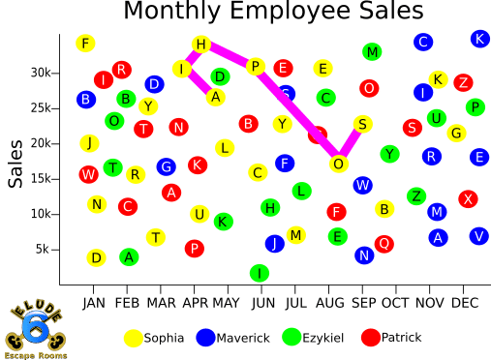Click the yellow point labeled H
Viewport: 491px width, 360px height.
pos(200,45)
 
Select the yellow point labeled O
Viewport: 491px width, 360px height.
pos(338,165)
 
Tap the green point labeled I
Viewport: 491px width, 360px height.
pos(259,274)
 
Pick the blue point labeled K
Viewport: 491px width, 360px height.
pos(478,39)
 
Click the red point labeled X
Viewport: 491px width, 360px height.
pos(469,198)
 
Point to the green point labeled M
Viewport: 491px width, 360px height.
pos(372,51)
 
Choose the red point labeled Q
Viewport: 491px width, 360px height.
pos(384,244)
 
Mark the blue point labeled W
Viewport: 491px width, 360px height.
pos(362,185)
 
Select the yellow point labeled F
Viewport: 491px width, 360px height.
pos(86,44)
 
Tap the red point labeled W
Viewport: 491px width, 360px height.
pos(89,174)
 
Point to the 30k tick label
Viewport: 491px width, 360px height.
pos(40,73)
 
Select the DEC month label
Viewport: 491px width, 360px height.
pos(466,302)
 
